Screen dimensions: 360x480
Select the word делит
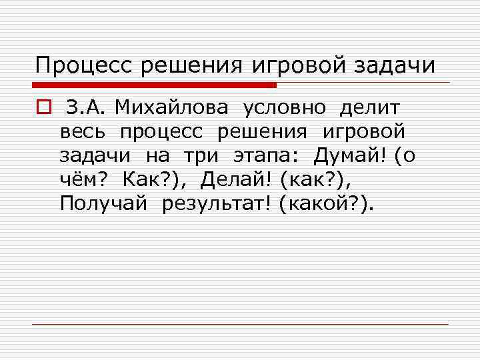(x=370, y=107)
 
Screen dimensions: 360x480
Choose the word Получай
(x=103, y=203)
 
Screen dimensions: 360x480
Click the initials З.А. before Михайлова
(x=92, y=107)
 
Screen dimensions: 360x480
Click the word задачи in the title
(x=396, y=65)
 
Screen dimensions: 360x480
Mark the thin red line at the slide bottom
(x=240, y=324)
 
